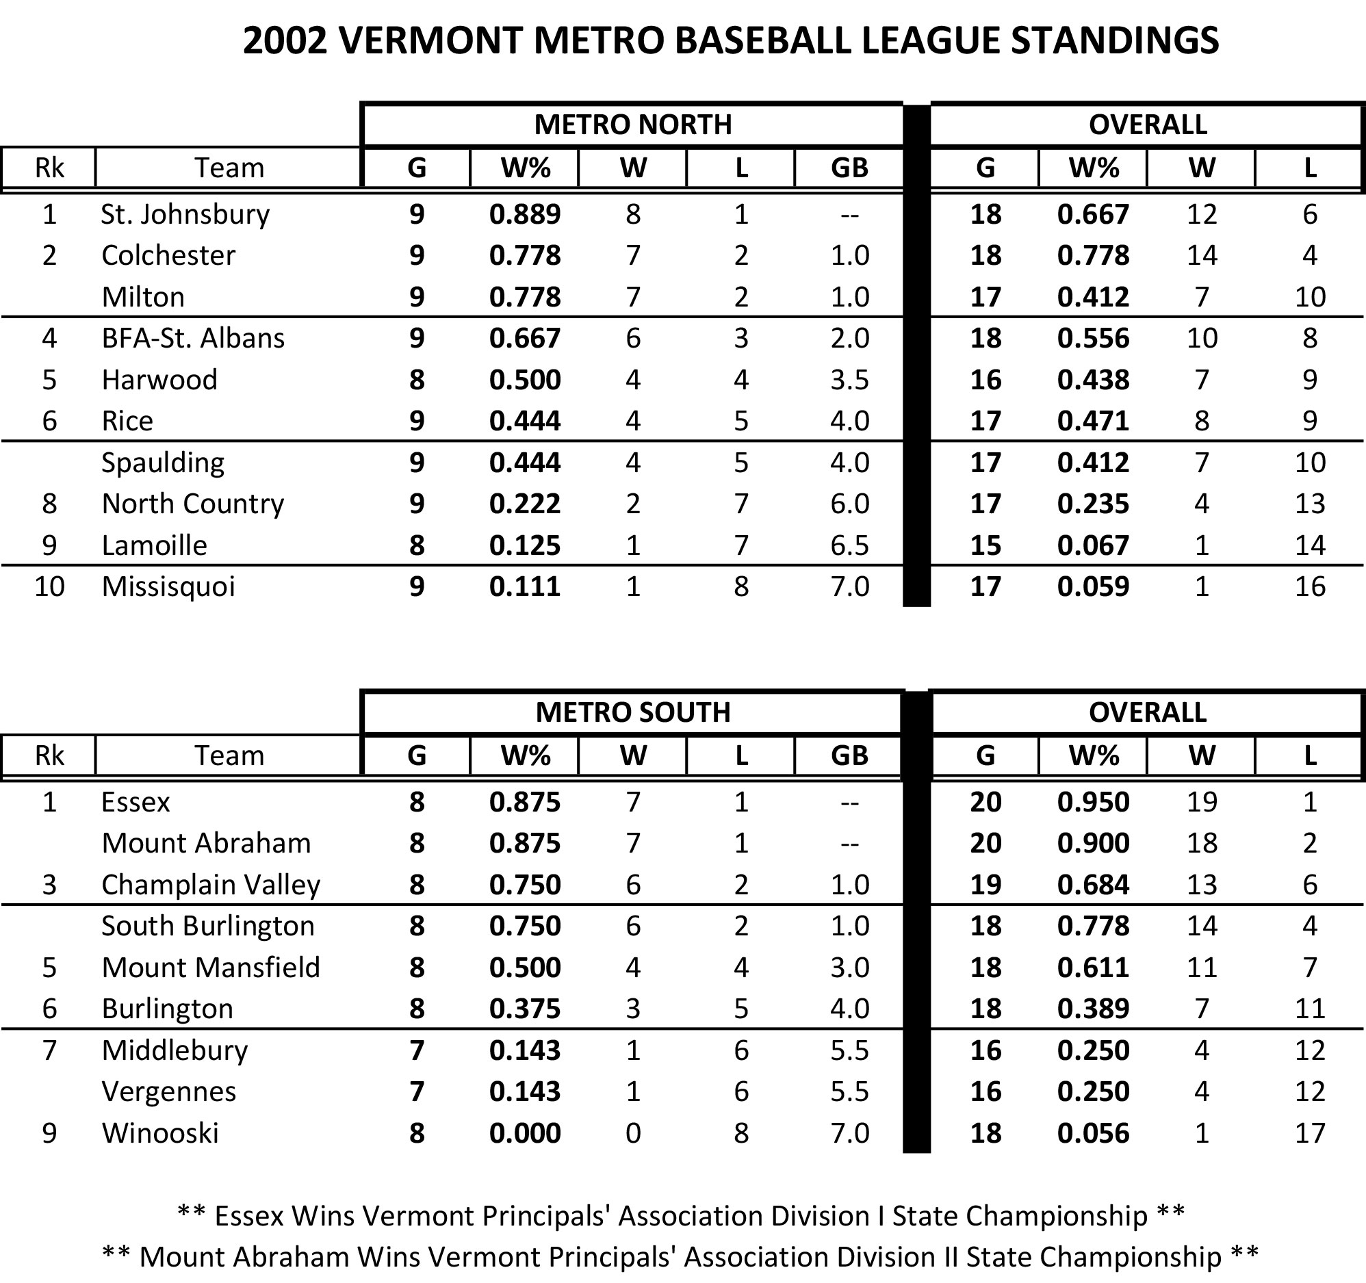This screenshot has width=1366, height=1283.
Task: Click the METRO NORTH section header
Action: tap(632, 125)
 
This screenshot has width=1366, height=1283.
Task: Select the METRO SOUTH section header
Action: tap(632, 712)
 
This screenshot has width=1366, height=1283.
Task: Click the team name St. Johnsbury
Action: tap(185, 214)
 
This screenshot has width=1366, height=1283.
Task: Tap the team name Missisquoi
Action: tap(168, 586)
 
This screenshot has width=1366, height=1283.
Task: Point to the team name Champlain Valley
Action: tap(210, 885)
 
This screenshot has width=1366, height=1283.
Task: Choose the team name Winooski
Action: tap(160, 1133)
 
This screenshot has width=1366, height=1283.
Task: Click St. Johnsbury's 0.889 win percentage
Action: tap(525, 214)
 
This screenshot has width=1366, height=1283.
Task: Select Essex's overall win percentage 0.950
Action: tap(1093, 802)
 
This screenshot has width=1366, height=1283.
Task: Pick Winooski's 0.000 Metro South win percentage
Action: tap(525, 1133)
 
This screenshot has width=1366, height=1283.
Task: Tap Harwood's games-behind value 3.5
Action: tap(849, 379)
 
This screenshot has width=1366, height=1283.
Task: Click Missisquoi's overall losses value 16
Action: tap(1310, 586)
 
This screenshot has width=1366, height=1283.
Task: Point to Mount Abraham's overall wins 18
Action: tap(1202, 843)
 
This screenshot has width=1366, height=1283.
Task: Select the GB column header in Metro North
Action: tap(849, 168)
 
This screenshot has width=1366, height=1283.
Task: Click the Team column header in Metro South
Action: tap(229, 756)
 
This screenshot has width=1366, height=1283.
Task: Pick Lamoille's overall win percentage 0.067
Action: tap(1093, 545)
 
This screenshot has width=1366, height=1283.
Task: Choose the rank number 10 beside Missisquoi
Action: tap(49, 586)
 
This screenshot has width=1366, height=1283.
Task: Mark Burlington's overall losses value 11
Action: tap(1310, 1009)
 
